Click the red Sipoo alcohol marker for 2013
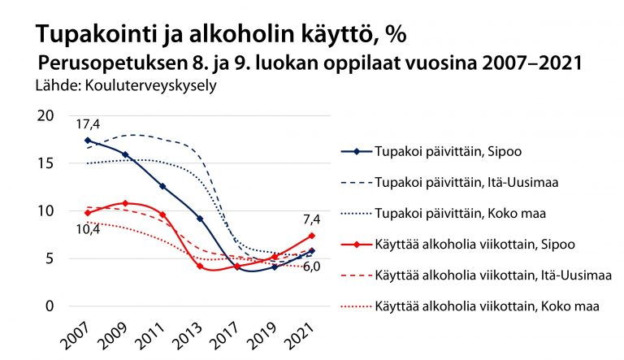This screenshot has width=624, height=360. (199, 266)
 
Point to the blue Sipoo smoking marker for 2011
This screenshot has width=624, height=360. (162, 186)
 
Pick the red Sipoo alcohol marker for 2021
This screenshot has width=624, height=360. (311, 236)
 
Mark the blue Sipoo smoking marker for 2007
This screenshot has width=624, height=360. (87, 141)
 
